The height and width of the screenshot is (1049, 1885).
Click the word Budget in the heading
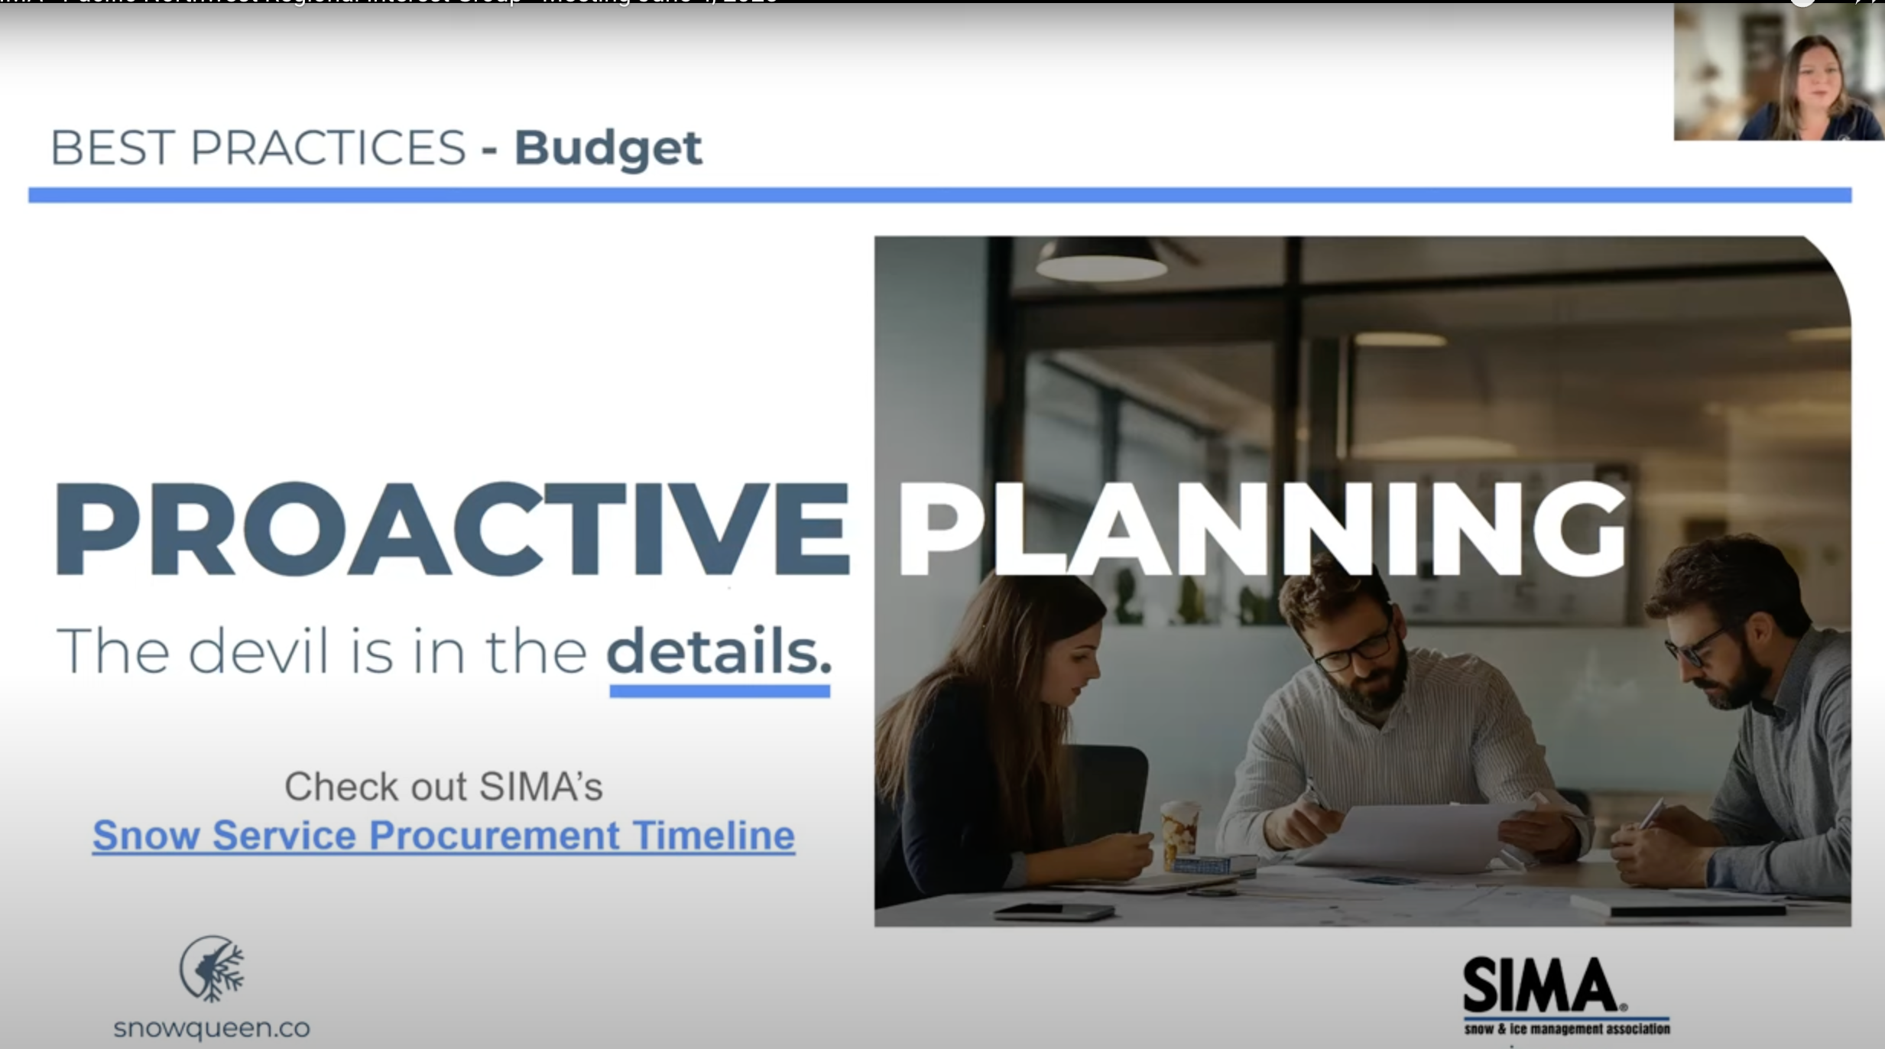[608, 148]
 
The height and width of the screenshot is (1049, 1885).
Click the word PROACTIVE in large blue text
[451, 528]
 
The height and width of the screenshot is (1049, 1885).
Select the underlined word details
[718, 651]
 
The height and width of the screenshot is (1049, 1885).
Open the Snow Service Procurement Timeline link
[443, 835]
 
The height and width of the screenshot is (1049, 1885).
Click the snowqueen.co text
[212, 1028]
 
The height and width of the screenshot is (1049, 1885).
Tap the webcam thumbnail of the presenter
[1778, 72]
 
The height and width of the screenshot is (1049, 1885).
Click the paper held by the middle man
[1414, 837]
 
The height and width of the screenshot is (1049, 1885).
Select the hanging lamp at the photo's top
[1101, 260]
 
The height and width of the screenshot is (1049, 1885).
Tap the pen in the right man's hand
[1651, 814]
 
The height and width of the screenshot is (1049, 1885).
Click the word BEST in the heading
[112, 148]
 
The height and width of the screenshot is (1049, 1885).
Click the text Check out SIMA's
[443, 786]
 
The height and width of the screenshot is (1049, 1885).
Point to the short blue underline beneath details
[719, 691]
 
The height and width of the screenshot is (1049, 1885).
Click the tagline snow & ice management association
[1566, 1029]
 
